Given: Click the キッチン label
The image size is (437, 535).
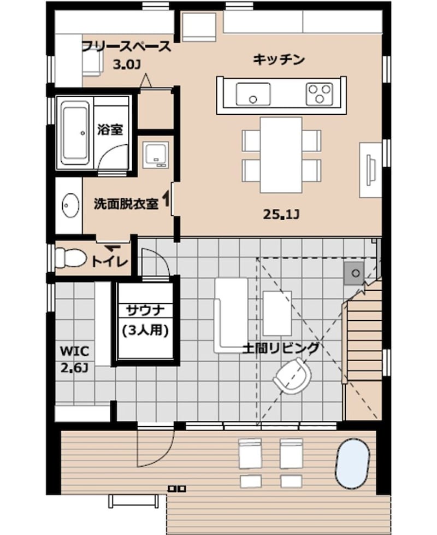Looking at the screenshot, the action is (279, 60).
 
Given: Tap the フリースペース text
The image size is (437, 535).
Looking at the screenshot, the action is (127, 46).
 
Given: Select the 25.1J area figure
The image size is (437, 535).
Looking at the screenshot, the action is (281, 214).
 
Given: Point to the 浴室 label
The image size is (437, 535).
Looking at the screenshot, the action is (110, 130).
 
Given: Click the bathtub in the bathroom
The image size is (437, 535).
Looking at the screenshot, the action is (75, 133).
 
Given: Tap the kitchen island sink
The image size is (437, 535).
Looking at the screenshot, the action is (253, 94).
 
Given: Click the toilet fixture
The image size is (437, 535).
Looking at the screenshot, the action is (70, 257).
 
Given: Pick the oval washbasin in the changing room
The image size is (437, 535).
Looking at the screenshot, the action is (71, 205).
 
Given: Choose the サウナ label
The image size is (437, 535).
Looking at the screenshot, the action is (146, 310).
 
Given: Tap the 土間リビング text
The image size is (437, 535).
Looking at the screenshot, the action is (281, 348).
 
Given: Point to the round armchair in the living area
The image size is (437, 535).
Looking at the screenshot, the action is (293, 376).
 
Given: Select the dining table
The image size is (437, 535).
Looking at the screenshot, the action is (281, 155).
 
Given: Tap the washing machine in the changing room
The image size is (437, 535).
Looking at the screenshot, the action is (156, 155).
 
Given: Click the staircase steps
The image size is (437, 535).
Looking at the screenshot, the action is (364, 337).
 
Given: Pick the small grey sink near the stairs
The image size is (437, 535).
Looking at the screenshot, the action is (355, 273).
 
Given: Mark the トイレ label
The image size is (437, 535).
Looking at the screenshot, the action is (110, 262).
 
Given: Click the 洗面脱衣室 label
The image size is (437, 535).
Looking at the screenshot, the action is (126, 204).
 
